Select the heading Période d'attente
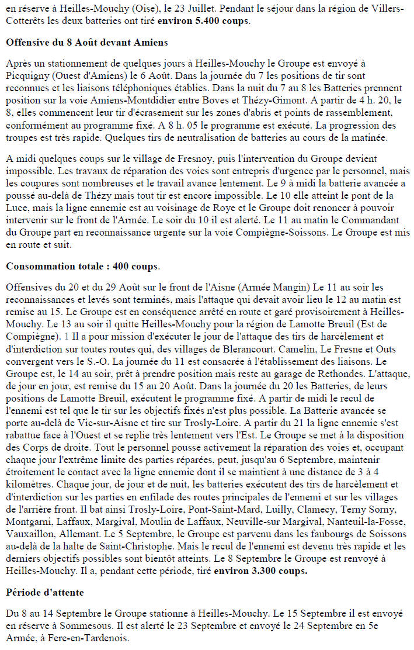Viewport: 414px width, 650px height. tap(44, 592)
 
